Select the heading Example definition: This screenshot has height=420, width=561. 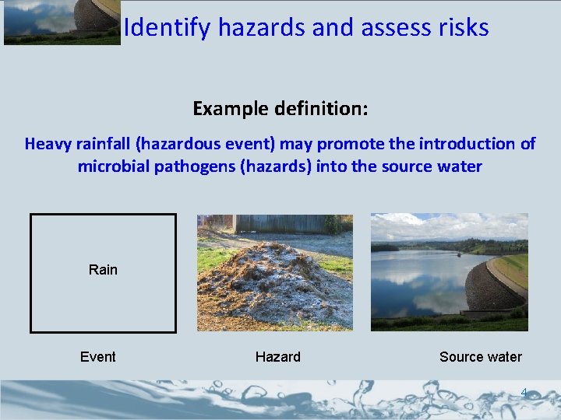[280, 108]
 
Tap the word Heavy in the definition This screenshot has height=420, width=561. [48, 144]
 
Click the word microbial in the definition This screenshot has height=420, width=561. [116, 166]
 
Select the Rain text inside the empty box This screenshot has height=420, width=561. [103, 270]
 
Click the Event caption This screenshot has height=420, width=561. [98, 357]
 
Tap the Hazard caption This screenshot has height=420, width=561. [277, 357]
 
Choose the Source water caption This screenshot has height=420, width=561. [480, 357]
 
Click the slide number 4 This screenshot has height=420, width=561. [524, 392]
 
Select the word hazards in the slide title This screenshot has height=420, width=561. [261, 28]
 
